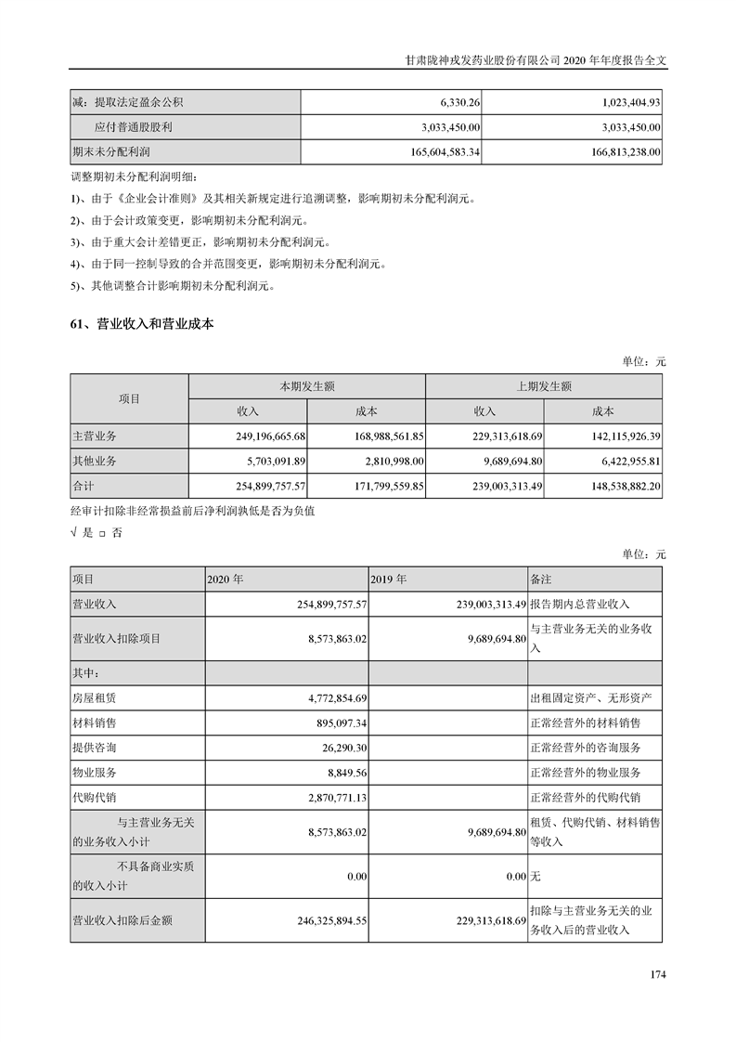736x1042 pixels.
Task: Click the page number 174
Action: click(x=658, y=974)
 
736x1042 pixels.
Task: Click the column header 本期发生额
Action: click(x=307, y=386)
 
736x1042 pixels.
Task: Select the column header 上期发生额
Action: click(x=544, y=386)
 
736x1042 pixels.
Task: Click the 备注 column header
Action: click(x=542, y=579)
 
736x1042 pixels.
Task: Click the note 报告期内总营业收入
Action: click(x=580, y=604)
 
